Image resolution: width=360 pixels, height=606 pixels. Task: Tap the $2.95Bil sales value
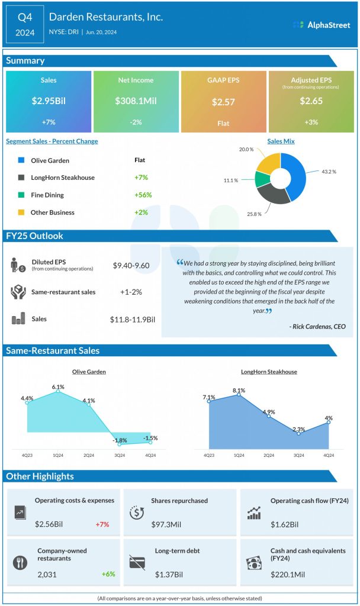coord(49,101)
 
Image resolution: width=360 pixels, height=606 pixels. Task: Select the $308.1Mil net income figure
coord(136,101)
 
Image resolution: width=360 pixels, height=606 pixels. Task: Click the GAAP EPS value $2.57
coord(223,102)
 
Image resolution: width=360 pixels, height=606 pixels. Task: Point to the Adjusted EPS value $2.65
coord(311,101)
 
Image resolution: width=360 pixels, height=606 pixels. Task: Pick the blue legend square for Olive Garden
coord(21,160)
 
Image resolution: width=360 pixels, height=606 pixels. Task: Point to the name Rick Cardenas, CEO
coord(317,326)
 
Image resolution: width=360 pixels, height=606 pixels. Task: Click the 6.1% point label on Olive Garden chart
coord(58,387)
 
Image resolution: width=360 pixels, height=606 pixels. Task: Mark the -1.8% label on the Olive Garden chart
coord(120,440)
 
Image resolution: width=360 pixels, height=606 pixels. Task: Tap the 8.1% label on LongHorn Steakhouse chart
coord(239,390)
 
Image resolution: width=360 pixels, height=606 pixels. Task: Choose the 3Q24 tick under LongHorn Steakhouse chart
coord(298,455)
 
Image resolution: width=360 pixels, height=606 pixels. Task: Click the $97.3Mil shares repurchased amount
coord(166,524)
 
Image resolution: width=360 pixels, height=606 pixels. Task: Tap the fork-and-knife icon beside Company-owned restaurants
coord(21,561)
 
